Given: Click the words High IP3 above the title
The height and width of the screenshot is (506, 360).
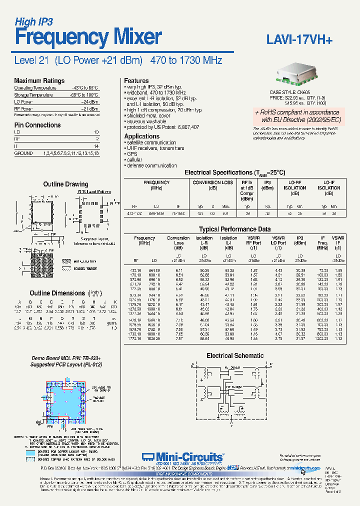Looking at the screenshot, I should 33,21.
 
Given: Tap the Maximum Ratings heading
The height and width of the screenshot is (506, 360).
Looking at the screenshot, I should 39,80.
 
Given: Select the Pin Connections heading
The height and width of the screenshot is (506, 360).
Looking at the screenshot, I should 37,125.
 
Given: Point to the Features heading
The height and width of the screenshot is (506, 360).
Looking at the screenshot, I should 136,80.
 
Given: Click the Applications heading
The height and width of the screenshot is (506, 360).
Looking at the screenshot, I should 141,136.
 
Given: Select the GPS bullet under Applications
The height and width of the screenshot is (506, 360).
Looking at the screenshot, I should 131,154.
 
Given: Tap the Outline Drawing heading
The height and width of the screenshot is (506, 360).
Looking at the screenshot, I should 65,184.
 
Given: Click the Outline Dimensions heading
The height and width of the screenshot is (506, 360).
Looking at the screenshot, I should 57,293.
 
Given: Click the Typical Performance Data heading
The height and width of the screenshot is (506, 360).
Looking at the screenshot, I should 235,229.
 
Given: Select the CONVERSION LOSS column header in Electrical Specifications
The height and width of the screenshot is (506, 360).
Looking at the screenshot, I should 213,185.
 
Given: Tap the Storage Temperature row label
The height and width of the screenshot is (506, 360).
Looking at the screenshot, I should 33,94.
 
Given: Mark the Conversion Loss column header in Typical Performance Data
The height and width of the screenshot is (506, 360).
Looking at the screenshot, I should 178,243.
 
